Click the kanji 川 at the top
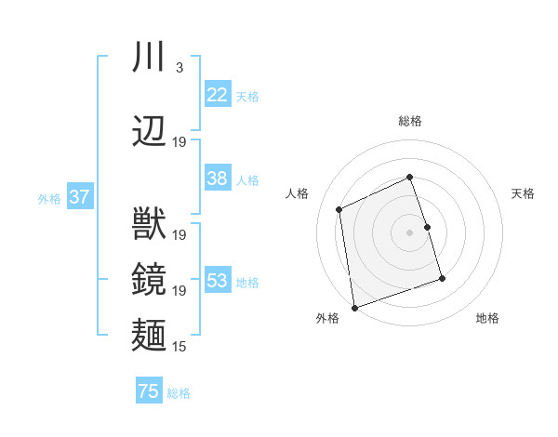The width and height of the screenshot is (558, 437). click(149, 57)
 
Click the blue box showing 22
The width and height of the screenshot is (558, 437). click(217, 95)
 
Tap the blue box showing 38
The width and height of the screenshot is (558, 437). click(217, 179)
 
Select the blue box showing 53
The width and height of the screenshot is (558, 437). click(217, 281)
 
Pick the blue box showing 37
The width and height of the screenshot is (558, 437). click(79, 197)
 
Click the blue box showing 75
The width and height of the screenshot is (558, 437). click(149, 391)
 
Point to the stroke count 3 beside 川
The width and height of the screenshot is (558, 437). click(179, 67)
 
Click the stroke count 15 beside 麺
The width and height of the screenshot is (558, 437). click(179, 347)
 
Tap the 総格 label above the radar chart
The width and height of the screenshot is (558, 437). click(410, 121)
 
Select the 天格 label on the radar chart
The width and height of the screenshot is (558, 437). click(523, 193)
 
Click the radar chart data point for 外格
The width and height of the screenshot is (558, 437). click(353, 307)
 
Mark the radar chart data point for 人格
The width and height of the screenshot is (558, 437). click(339, 209)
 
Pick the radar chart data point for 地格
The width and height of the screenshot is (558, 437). click(442, 279)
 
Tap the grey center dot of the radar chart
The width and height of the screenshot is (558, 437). click(410, 232)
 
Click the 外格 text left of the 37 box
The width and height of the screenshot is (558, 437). click(48, 198)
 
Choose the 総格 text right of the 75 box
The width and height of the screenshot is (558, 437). click(179, 393)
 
